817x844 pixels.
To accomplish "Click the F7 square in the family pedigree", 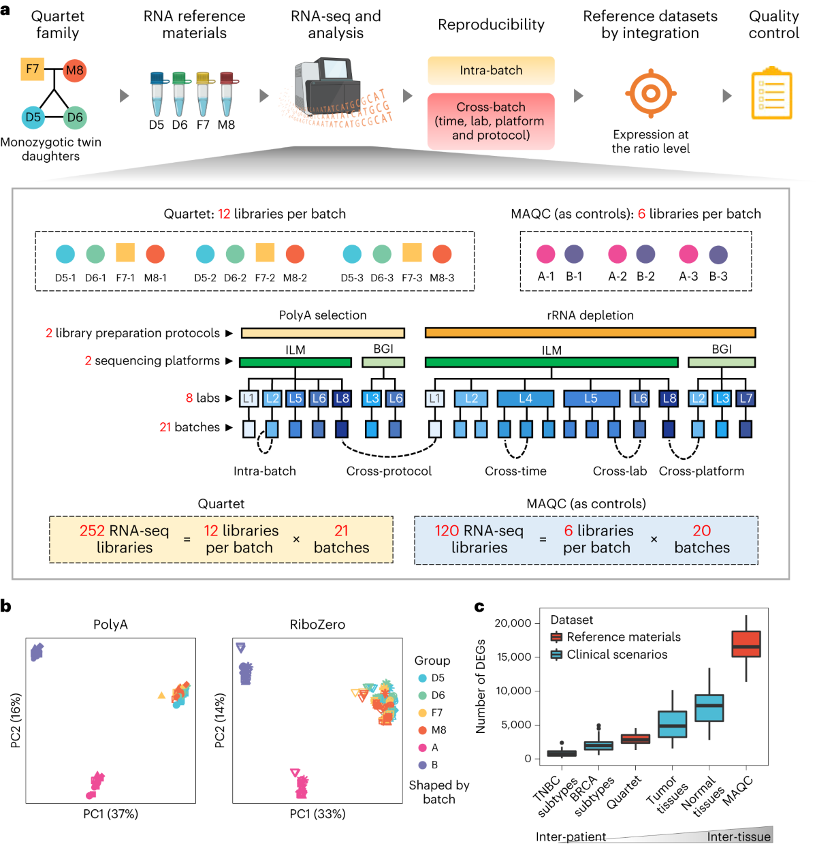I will [33, 69].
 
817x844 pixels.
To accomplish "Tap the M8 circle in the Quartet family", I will [74, 70].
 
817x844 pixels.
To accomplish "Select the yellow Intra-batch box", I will [491, 70].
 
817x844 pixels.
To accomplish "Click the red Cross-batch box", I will [491, 121].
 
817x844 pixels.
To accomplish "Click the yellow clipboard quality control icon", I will [771, 93].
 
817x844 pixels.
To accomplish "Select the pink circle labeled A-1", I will [545, 254].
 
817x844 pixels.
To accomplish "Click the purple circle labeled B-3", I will [718, 255].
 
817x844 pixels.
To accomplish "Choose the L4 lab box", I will [526, 398].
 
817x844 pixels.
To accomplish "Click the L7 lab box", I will [746, 398].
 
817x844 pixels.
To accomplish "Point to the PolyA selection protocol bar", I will [323, 333].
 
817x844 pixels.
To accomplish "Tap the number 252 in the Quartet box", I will [92, 531].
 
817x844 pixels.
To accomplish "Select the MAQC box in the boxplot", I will [746, 644].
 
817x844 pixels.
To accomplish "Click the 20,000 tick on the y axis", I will [513, 623].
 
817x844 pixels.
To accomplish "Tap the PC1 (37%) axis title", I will [110, 814].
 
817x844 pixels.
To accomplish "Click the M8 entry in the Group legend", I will [438, 730].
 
